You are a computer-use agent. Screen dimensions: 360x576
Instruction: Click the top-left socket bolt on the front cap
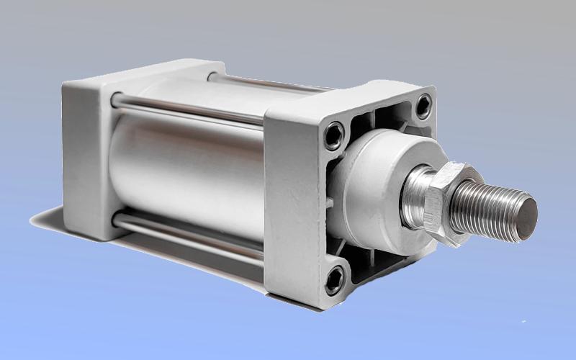click(x=333, y=134)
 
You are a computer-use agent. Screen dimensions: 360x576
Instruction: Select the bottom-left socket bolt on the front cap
click(x=335, y=279)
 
